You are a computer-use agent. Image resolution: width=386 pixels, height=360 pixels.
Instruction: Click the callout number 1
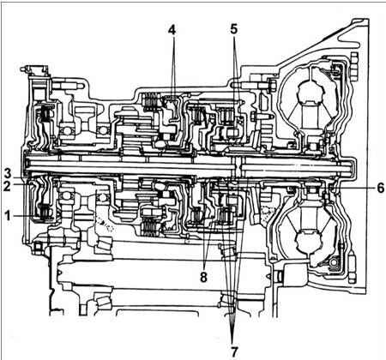click(x=8, y=216)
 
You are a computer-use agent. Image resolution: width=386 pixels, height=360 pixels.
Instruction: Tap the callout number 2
click(x=7, y=186)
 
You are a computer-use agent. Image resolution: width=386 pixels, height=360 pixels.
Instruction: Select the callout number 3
click(x=8, y=173)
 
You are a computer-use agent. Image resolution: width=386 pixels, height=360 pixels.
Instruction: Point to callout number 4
click(x=172, y=30)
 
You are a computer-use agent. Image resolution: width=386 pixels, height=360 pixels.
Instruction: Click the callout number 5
click(x=234, y=29)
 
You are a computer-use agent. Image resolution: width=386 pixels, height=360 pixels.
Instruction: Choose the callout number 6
click(x=380, y=189)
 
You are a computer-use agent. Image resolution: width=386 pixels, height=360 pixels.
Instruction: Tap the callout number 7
click(x=234, y=352)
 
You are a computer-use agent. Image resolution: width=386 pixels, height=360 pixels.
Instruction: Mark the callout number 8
click(x=203, y=277)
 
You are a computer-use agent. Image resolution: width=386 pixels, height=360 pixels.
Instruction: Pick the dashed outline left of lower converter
click(x=267, y=212)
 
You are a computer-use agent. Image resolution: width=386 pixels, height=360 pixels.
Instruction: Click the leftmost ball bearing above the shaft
click(x=66, y=131)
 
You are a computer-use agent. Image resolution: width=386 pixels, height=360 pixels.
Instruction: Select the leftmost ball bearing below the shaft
click(x=66, y=196)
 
